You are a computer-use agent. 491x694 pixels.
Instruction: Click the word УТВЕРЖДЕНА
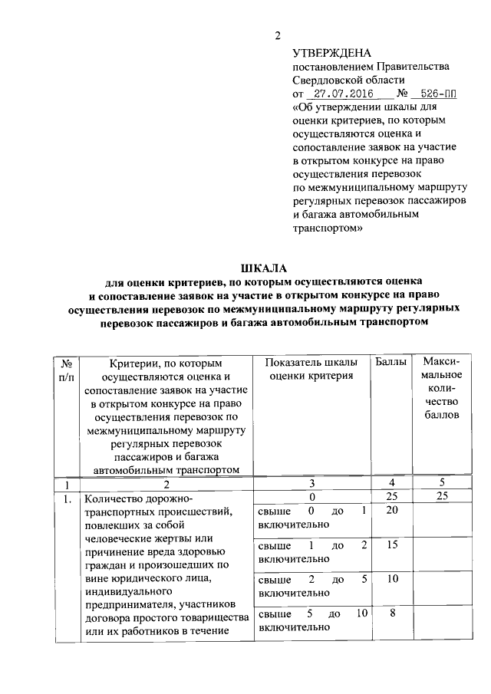pos(331,53)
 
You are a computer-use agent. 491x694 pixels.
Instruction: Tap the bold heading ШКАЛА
pos(263,268)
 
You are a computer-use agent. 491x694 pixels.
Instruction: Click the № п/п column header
pos(67,368)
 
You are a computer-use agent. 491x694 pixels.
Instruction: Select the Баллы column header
pos(391,361)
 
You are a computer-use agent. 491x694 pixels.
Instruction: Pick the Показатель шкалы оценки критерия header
pos(311,368)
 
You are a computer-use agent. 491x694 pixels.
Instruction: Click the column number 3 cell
pos(311,484)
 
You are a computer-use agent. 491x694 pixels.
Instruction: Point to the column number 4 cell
pos(391,484)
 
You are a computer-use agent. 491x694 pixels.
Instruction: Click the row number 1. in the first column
pos(68,500)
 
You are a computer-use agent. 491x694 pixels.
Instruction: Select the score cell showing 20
pos(391,511)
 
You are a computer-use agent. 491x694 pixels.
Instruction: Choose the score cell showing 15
pos(391,545)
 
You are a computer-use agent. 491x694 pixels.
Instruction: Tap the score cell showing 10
pos(391,580)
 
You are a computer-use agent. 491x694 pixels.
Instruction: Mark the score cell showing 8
pos(391,613)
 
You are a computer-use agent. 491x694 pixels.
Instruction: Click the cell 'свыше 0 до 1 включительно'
pos(311,518)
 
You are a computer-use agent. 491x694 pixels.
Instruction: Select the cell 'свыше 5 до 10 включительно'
pos(311,620)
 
